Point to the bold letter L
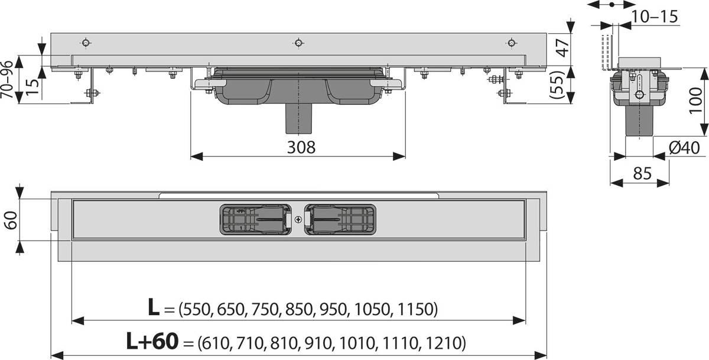(x=153, y=307)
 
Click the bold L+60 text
(x=152, y=341)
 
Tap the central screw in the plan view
(x=297, y=220)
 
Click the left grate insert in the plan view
(x=255, y=219)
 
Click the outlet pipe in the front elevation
(x=298, y=119)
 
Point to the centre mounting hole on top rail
(x=298, y=43)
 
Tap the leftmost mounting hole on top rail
(x=86, y=43)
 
